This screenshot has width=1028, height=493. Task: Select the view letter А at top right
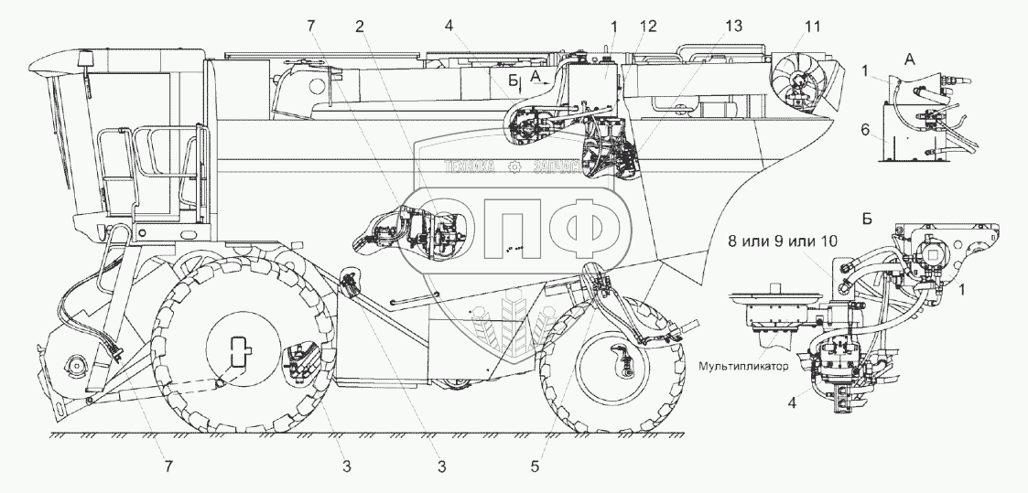(x=909, y=58)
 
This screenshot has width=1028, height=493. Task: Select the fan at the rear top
(x=795, y=81)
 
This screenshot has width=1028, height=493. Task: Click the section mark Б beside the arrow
(x=514, y=80)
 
